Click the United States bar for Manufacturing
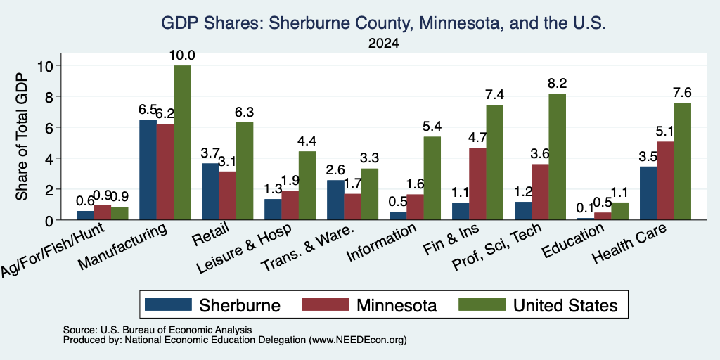pos(182,142)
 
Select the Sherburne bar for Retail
pos(210,191)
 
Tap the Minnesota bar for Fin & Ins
pos(477,184)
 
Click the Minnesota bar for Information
pos(415,207)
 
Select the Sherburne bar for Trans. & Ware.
pos(335,200)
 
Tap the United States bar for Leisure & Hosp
pos(307,186)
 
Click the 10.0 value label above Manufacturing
pos(182,56)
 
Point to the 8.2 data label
pos(558,84)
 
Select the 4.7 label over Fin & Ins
pos(477,138)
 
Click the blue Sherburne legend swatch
pos(168,304)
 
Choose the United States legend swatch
pos(482,304)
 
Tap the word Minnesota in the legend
pos(397,305)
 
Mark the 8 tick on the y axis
pos(50,96)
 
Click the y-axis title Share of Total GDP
pos(22,136)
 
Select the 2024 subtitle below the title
pos(383,44)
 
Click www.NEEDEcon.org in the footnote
pos(358,340)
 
